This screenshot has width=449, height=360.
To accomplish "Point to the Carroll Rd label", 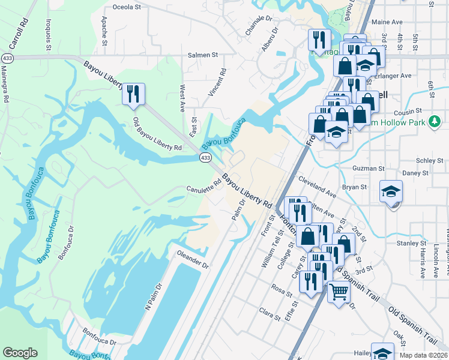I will (19, 33).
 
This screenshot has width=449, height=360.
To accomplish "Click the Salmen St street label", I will (202, 55).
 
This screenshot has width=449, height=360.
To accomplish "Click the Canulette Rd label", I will (203, 188).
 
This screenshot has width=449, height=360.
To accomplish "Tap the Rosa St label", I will (281, 290).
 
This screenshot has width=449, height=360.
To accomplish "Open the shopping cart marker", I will (339, 293).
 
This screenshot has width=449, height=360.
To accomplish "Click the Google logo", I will (20, 353).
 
